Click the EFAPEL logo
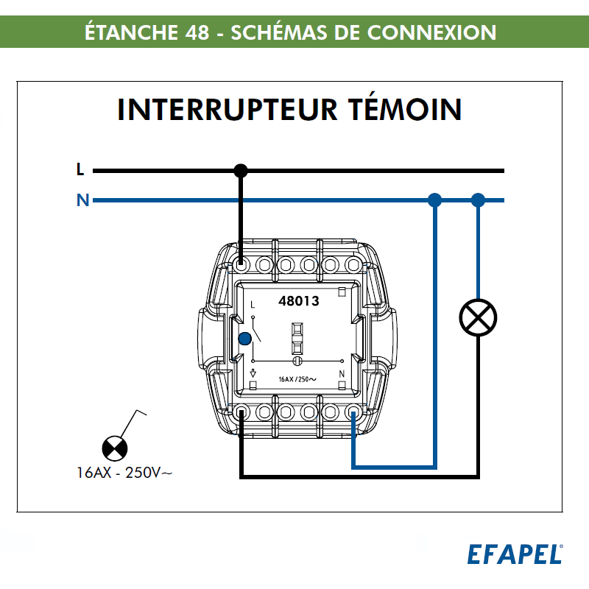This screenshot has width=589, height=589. tap(515, 554)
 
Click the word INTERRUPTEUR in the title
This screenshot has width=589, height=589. tap(224, 109)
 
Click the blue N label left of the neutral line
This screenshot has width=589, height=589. tap(82, 200)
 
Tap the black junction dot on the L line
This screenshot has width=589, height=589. tap(241, 171)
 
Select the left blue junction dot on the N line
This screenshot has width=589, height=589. tap(435, 200)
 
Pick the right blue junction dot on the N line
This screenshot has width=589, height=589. tap(479, 200)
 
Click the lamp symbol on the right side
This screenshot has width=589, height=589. tap(479, 317)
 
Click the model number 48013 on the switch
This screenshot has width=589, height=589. tap(299, 301)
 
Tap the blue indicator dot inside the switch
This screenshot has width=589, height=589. tap(245, 339)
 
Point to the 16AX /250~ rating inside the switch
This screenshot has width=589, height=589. tap(297, 379)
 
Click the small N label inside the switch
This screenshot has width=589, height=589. tap(342, 375)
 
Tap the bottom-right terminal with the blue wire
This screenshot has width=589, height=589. tap(353, 412)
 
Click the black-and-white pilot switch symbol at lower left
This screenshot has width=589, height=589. tap(114, 447)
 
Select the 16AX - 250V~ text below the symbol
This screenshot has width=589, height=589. tap(124, 473)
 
